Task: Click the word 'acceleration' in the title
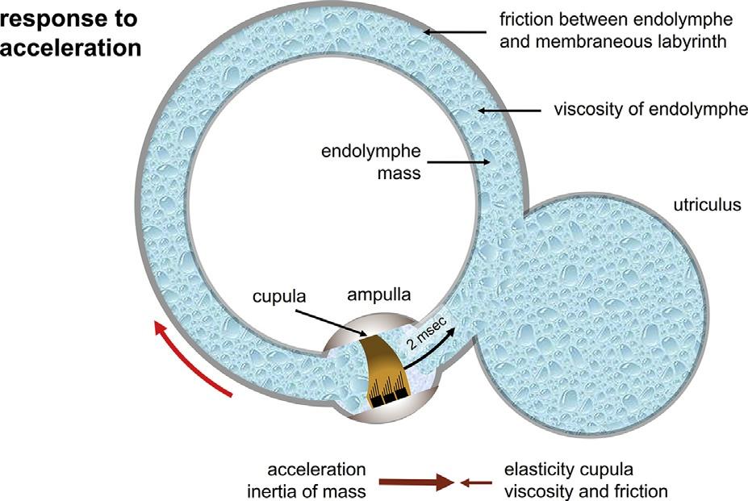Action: (71, 48)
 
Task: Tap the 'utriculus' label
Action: (707, 205)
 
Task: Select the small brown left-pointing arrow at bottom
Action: (476, 482)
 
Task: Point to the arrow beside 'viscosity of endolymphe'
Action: (508, 110)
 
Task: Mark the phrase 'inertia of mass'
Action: (317, 491)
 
